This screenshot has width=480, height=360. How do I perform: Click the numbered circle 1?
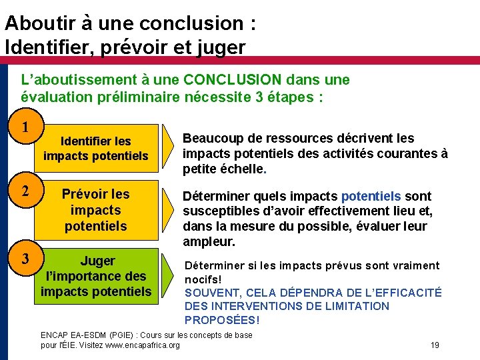pyautogui.click(x=25, y=127)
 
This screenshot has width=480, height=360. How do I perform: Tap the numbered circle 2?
pyautogui.click(x=25, y=191)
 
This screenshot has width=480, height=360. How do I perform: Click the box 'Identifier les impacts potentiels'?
pyautogui.click(x=95, y=149)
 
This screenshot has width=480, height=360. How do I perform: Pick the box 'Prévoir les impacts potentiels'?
pyautogui.click(x=95, y=210)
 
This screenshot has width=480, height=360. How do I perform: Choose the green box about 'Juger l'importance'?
pyautogui.click(x=95, y=276)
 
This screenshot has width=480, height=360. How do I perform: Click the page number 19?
pyautogui.click(x=434, y=345)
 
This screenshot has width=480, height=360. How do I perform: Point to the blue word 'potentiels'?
pyautogui.click(x=371, y=196)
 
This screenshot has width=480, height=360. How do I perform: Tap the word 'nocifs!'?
pyautogui.click(x=203, y=279)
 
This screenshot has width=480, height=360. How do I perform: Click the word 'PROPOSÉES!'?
pyautogui.click(x=222, y=320)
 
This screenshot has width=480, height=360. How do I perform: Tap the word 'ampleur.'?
pyautogui.click(x=209, y=241)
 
